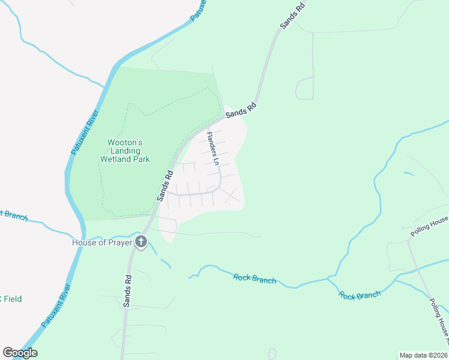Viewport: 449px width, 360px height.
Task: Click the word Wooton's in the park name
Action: click(124, 143)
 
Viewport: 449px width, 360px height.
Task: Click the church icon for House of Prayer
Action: click(141, 242)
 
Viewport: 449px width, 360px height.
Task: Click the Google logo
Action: click(20, 353)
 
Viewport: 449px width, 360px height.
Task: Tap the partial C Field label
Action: click(10, 299)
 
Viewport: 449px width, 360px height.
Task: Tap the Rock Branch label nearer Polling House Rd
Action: click(360, 295)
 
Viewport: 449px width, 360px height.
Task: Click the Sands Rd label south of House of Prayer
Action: click(127, 292)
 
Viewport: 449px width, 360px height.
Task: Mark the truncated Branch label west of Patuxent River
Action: click(13, 215)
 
